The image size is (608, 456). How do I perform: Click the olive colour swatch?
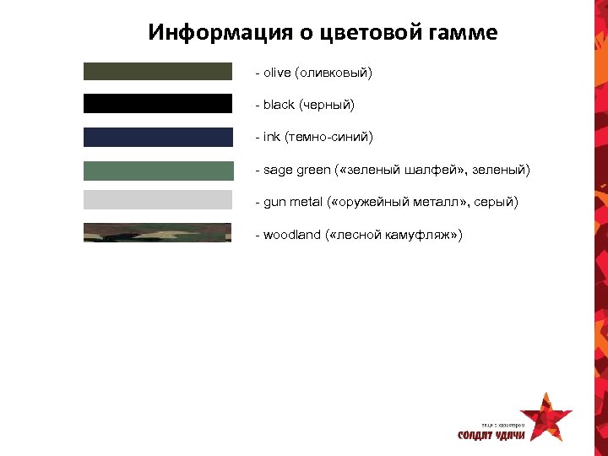[157, 72]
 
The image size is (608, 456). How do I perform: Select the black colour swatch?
[157, 104]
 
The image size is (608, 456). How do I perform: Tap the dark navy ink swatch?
[157, 137]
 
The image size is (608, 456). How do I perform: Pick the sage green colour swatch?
[157, 170]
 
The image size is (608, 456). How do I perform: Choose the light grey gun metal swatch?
[157, 200]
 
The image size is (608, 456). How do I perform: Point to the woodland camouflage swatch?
[157, 232]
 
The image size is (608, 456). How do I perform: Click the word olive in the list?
[276, 73]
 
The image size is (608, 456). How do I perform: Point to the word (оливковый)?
[334, 73]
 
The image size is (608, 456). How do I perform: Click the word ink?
[272, 137]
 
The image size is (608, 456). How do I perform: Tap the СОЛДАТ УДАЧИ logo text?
[491, 436]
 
